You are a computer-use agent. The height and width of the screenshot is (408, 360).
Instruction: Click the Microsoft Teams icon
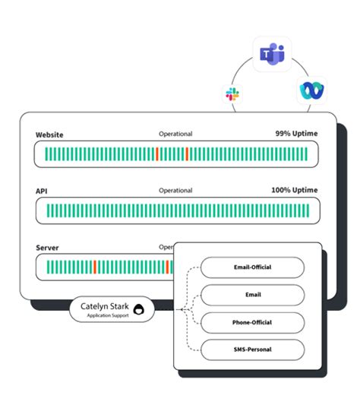pos(272,54)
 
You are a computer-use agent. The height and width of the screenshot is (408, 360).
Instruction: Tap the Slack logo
pos(232,94)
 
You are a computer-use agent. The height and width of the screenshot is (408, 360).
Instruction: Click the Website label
pos(49,135)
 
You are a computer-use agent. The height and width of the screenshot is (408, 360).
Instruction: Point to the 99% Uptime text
pos(296,134)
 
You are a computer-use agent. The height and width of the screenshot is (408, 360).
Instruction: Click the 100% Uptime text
pos(294,190)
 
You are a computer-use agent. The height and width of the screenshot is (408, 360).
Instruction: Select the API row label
pos(43,191)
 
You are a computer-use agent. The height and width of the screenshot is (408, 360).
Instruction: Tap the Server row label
pos(47,248)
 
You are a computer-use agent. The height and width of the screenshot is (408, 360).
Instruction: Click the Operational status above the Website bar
pos(175,134)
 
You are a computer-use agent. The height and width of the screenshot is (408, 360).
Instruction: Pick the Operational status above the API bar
pos(175,191)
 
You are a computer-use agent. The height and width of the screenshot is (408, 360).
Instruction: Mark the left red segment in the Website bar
pos(157,154)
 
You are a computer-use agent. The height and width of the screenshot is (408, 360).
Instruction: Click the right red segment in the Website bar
pos(187,154)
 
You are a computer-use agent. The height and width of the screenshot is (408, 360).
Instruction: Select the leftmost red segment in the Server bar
pos(95,267)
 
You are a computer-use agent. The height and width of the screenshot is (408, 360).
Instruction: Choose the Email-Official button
pos(252,267)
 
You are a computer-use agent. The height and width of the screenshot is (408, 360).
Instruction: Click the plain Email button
pos(252,295)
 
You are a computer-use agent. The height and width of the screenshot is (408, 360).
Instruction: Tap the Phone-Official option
pos(252,322)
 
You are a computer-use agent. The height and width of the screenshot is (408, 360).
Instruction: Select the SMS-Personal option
pos(252,349)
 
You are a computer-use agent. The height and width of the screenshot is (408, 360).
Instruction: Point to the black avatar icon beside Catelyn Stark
pos(139,310)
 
